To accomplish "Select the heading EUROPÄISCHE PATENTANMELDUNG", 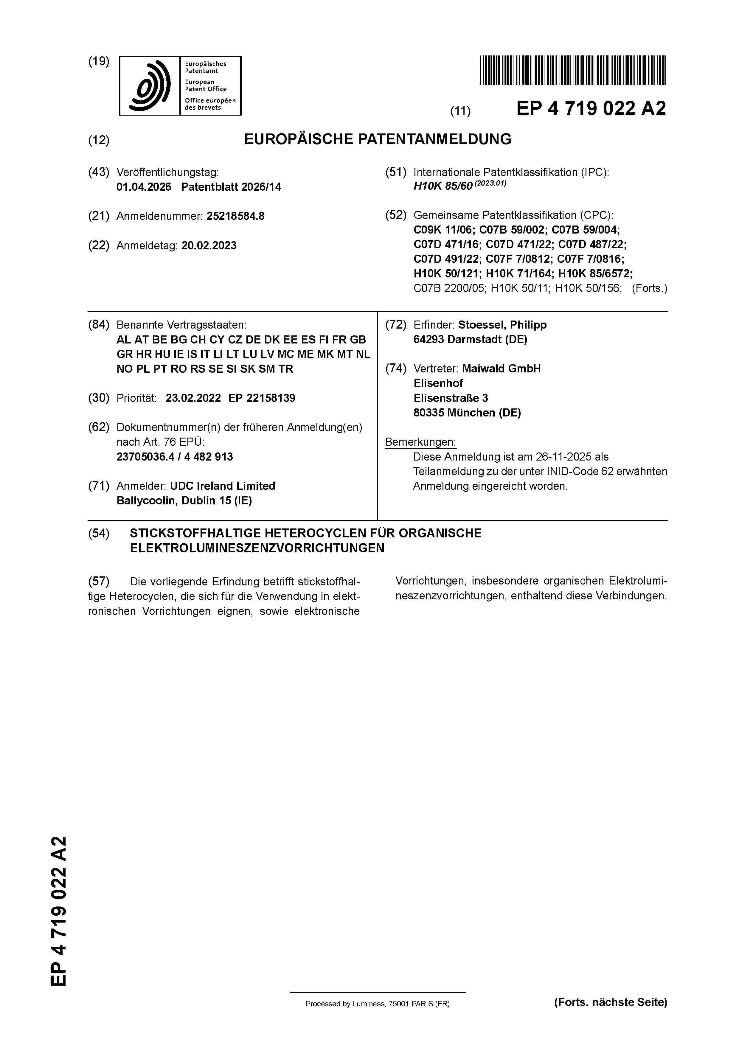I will (378, 139).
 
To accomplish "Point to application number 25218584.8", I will (235, 216).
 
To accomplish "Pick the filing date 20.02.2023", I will (209, 246).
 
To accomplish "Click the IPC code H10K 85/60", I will (442, 186).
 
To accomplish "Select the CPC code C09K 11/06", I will (443, 230).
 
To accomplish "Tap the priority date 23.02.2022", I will (193, 398).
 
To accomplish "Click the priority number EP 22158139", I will (262, 398).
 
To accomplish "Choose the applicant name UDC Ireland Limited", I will (223, 486).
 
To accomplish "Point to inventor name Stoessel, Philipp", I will (502, 325).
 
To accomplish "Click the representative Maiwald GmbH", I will (501, 369).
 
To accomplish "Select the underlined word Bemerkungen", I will (420, 442).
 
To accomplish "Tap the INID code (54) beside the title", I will (99, 534).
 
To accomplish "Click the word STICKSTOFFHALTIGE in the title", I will (195, 534).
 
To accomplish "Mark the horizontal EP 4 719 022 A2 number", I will (591, 109).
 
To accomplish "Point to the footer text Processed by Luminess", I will (377, 1004).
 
